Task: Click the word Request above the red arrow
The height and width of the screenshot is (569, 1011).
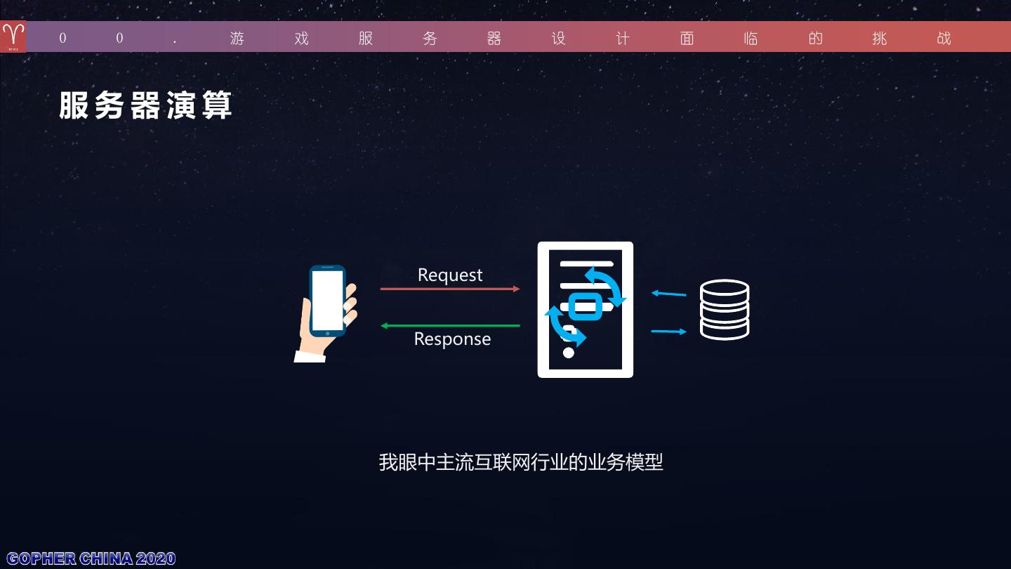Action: (x=450, y=275)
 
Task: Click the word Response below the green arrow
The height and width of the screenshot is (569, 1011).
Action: (x=452, y=339)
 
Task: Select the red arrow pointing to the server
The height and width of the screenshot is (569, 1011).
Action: (x=450, y=289)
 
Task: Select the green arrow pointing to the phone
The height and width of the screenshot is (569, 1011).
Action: (x=450, y=325)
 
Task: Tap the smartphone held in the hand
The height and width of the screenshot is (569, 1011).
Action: (x=328, y=301)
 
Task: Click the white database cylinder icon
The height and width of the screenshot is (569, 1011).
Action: (x=725, y=310)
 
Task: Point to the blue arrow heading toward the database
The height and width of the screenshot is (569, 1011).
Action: (x=669, y=331)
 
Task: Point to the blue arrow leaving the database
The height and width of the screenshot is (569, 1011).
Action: (x=669, y=294)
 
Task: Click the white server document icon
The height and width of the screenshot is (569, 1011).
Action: (x=586, y=310)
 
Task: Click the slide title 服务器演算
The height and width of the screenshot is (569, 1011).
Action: (x=145, y=106)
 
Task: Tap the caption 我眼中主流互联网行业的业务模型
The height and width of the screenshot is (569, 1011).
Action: (x=521, y=462)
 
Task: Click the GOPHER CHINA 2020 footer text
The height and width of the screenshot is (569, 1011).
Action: (x=91, y=558)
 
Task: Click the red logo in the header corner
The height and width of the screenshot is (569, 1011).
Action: (x=13, y=37)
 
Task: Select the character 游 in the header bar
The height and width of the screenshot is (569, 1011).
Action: (x=237, y=39)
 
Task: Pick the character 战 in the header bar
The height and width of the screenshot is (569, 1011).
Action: (x=944, y=39)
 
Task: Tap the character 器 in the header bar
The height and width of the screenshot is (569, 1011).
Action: (x=494, y=39)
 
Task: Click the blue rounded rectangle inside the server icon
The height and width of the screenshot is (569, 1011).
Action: (x=586, y=305)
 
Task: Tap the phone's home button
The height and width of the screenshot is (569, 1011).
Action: (x=327, y=333)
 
